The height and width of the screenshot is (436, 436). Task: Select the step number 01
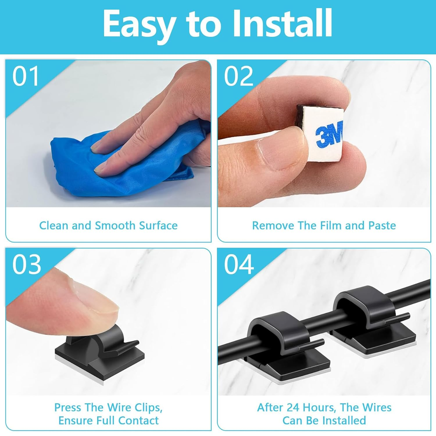(x=26, y=76)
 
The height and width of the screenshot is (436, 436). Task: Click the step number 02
(x=238, y=76)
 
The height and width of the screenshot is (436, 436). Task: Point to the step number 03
(x=26, y=265)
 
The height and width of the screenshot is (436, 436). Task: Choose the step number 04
(x=239, y=265)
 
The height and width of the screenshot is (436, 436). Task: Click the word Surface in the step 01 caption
(x=158, y=226)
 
